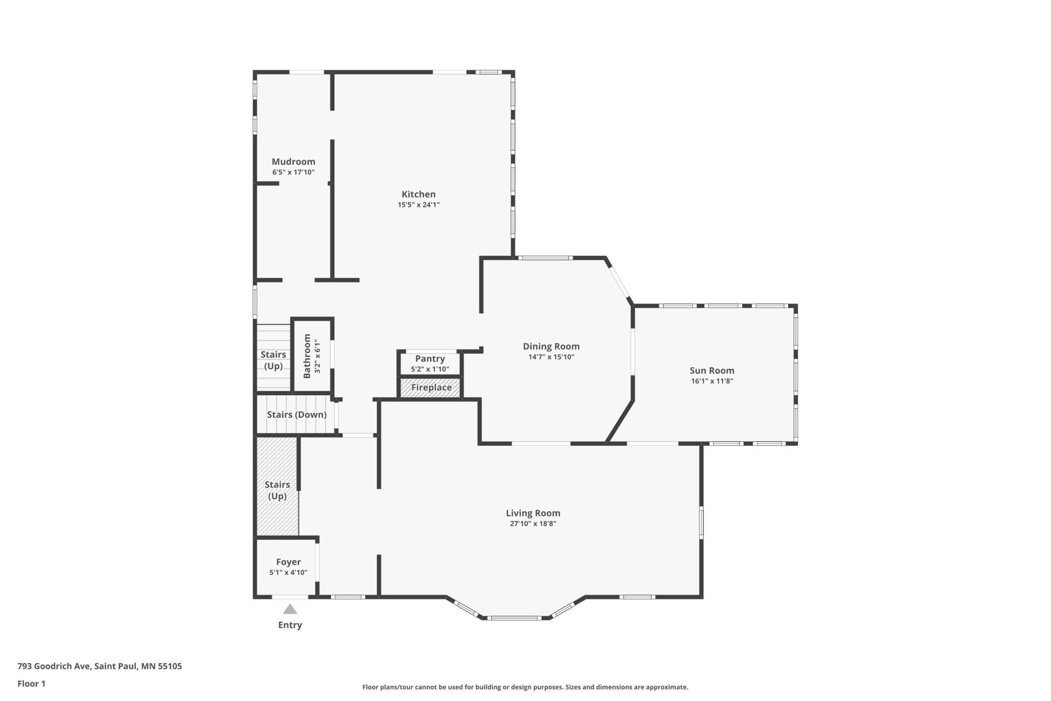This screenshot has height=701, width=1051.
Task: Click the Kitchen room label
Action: click(418, 194)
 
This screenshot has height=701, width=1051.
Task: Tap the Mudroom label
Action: click(294, 162)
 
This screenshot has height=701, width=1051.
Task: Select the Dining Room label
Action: click(551, 346)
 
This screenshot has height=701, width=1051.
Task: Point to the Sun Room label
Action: click(712, 371)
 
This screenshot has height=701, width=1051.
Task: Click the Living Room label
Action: click(533, 513)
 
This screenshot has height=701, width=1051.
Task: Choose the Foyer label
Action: click(289, 562)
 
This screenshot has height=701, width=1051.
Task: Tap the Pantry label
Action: click(430, 359)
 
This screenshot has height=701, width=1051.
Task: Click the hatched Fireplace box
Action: click(431, 388)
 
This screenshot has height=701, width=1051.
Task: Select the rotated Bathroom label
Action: click(307, 356)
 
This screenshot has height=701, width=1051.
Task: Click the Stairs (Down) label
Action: click(297, 415)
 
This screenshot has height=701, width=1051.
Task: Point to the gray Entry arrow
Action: click(290, 609)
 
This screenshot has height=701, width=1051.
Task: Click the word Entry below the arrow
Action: click(290, 625)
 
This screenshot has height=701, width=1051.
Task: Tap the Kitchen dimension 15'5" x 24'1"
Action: click(418, 205)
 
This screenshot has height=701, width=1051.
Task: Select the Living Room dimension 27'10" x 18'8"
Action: click(533, 524)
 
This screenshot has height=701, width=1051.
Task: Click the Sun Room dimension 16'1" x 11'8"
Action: click(712, 381)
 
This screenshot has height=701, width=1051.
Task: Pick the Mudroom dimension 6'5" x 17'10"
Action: click(294, 172)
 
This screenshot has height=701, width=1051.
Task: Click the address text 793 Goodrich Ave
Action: click(54, 666)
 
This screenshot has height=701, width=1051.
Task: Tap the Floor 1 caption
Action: click(31, 684)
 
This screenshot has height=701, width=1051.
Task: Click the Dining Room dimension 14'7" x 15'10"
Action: click(551, 357)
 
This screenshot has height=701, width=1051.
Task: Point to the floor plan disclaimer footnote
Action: click(525, 687)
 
